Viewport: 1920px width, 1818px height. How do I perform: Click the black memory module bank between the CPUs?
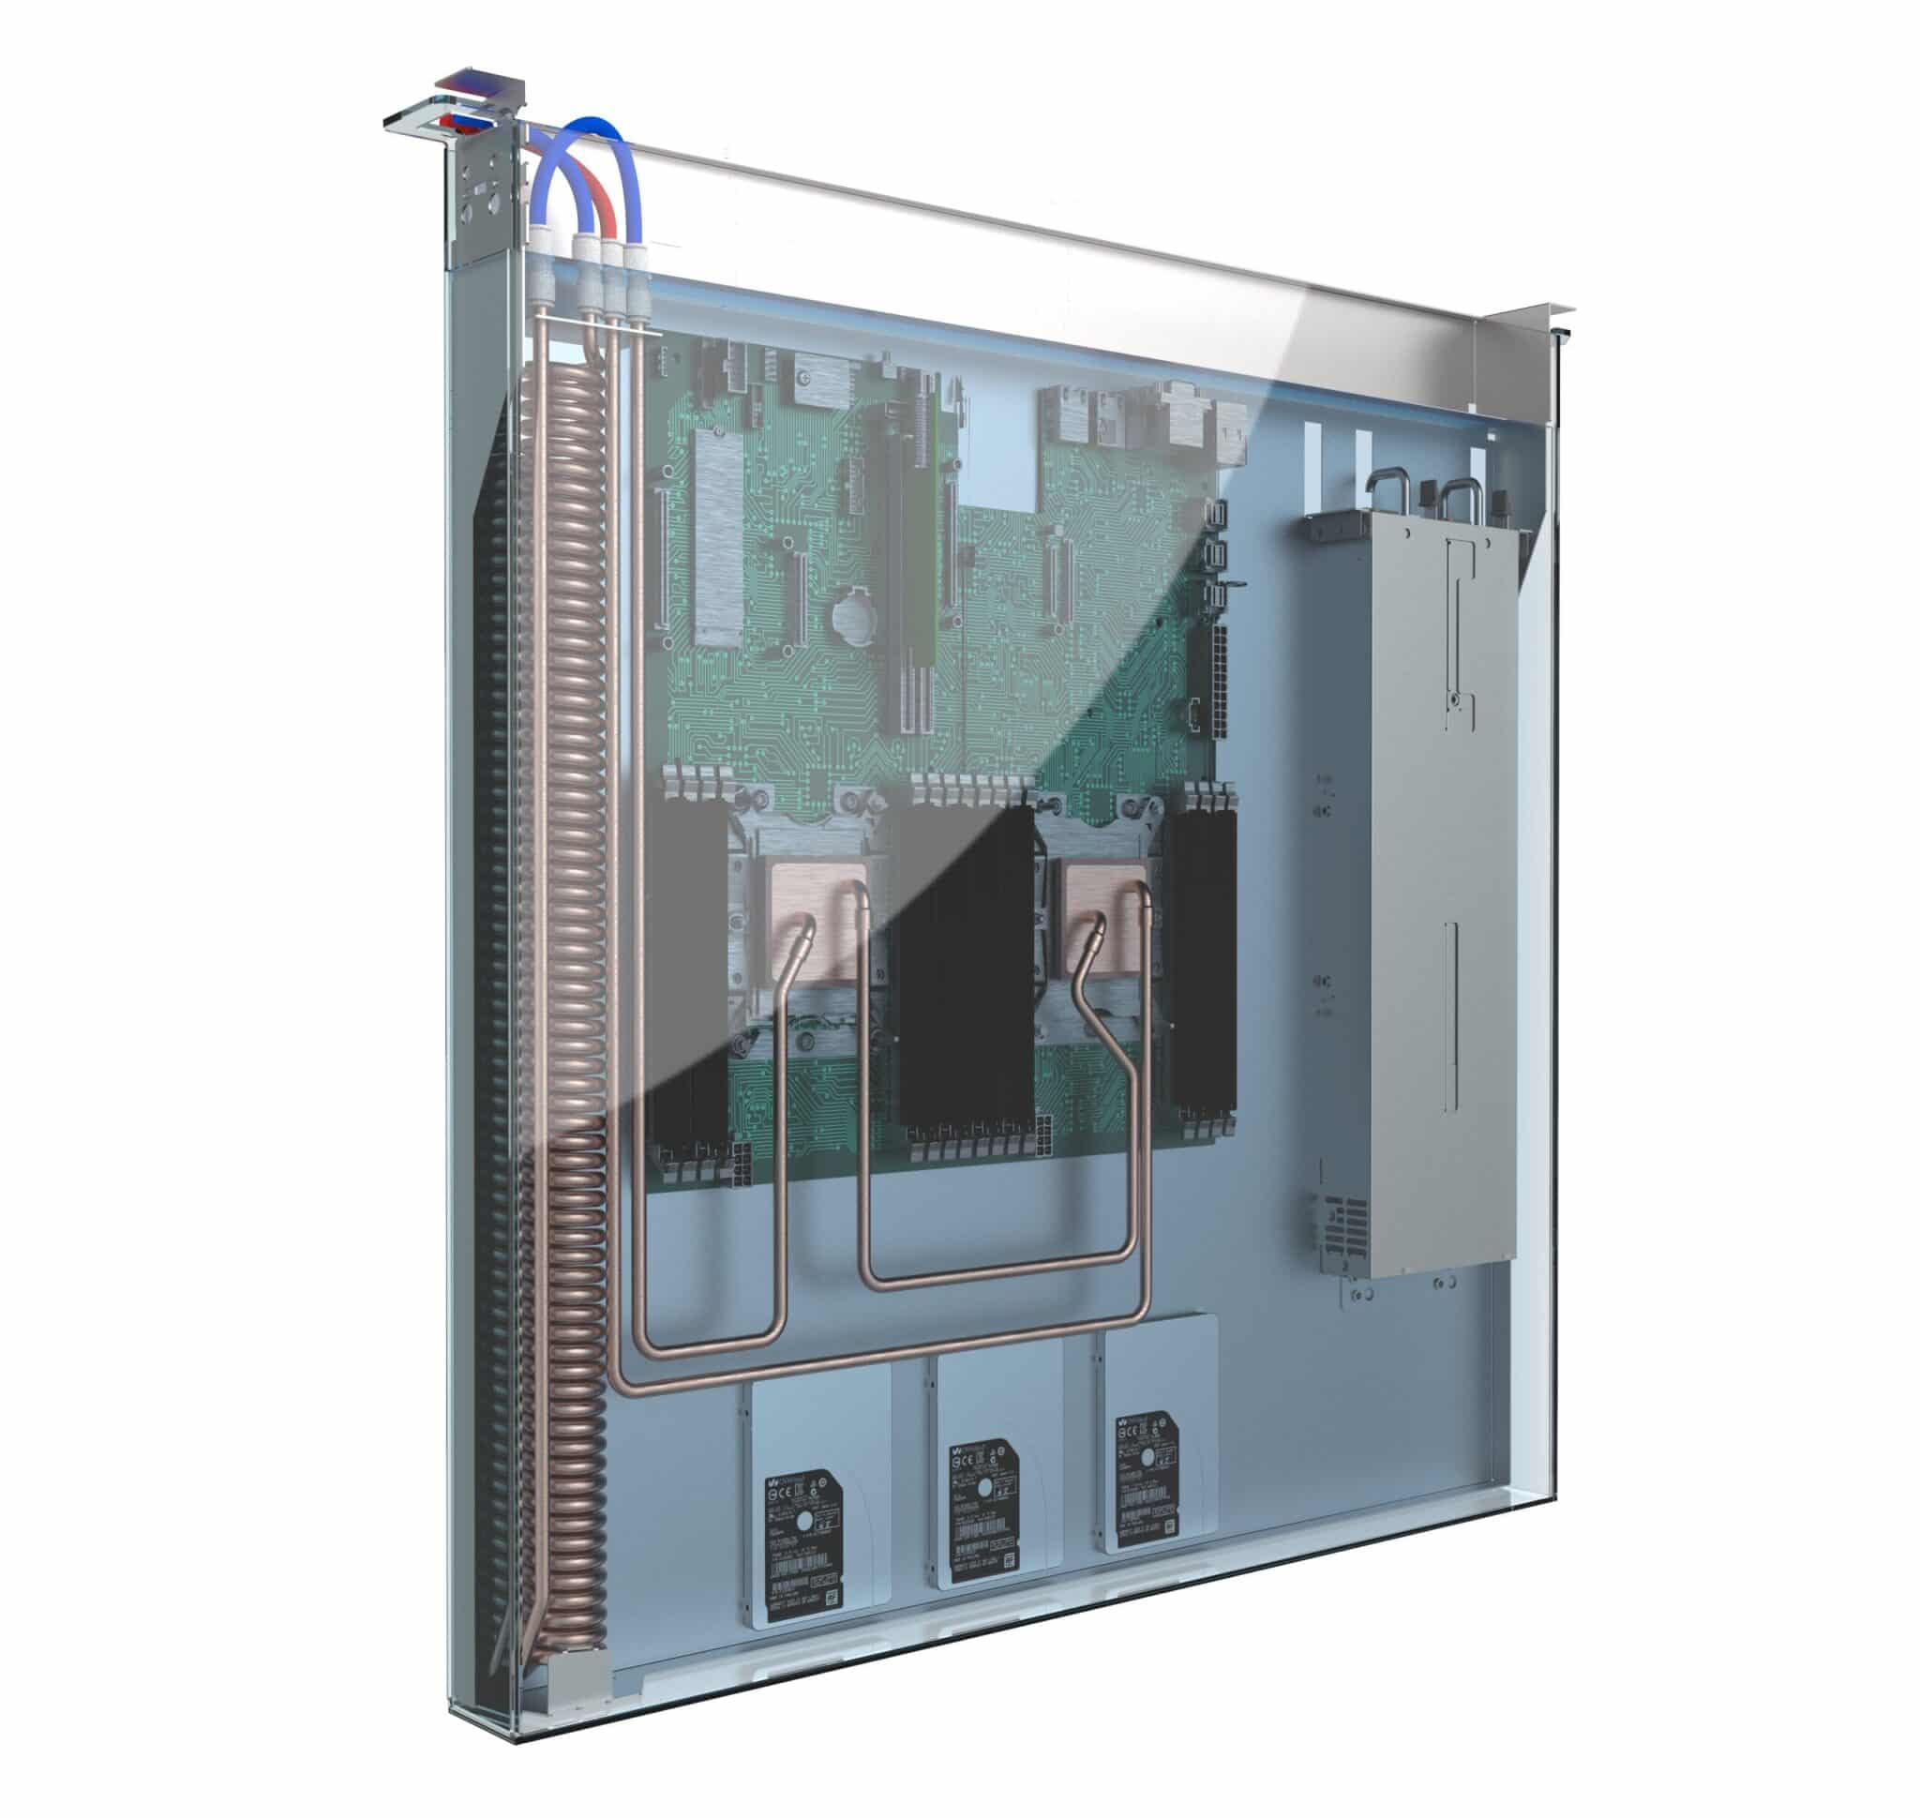[x=959, y=969]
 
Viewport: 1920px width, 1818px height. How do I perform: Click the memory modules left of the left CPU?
[x=683, y=979]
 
